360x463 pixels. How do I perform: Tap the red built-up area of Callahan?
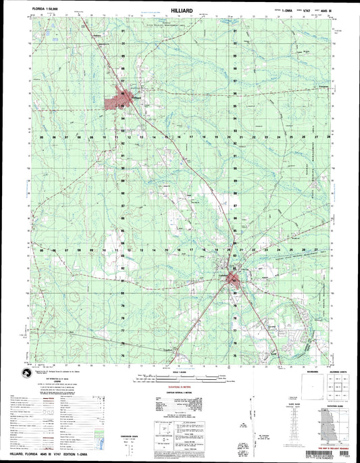[233, 279]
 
